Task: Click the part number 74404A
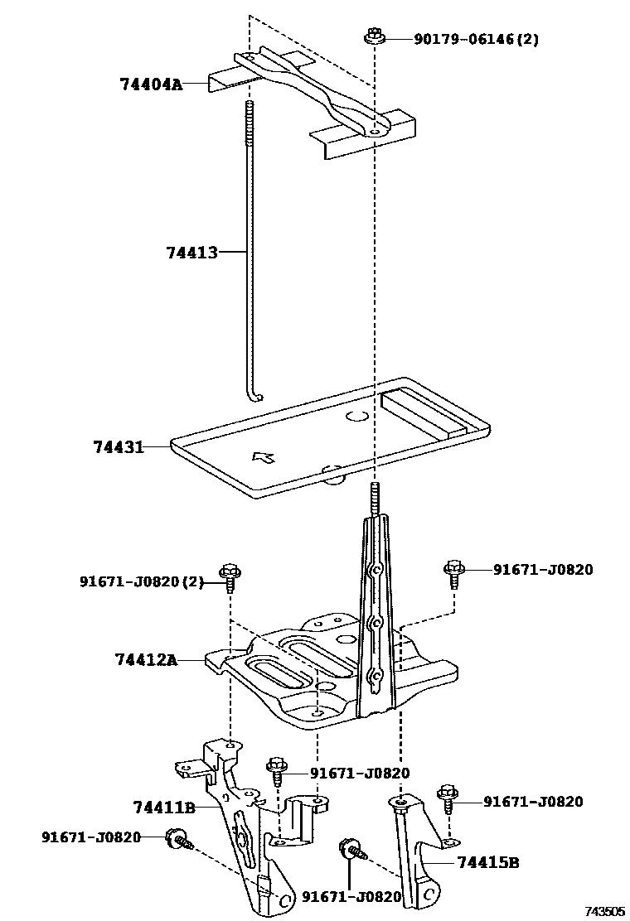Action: click(x=150, y=84)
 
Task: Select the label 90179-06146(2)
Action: click(x=476, y=39)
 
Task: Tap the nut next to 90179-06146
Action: click(x=372, y=37)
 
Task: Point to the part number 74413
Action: click(x=191, y=253)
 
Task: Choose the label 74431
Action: click(x=119, y=447)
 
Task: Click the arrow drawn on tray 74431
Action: click(x=264, y=456)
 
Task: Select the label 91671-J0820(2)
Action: click(x=141, y=581)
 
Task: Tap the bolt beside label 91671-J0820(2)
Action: click(x=230, y=574)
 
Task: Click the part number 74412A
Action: click(x=146, y=659)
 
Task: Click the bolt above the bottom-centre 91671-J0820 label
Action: click(x=349, y=849)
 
